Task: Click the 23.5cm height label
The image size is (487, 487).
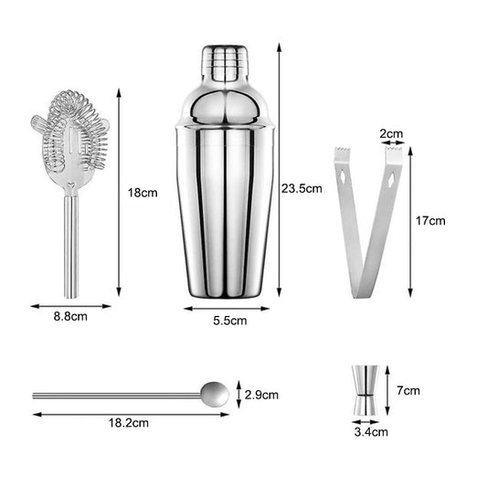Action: point(302,189)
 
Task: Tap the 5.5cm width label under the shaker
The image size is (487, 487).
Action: point(228,321)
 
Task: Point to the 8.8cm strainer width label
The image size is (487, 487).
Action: point(69,317)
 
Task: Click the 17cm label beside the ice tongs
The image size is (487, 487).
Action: point(431,220)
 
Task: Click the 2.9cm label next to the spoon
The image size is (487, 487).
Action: point(262,395)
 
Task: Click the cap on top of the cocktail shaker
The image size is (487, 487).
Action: point(224,62)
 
